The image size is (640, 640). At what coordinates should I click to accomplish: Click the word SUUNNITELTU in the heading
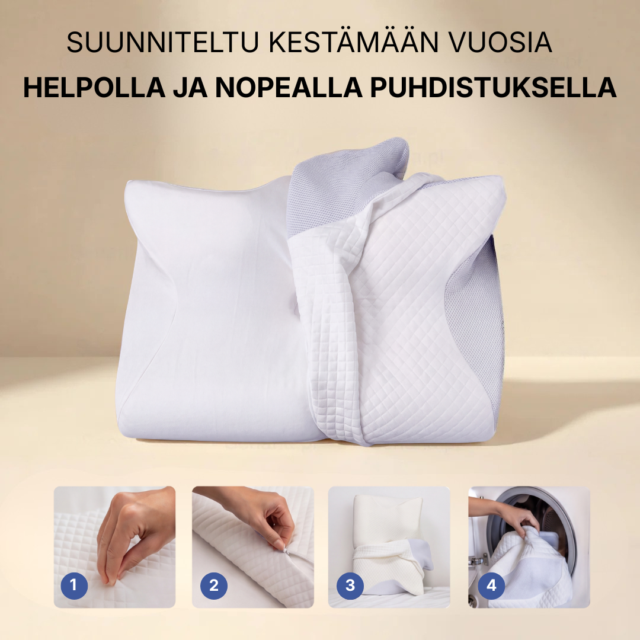[x=163, y=42]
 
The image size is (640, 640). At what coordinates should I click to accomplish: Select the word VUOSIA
[x=500, y=42]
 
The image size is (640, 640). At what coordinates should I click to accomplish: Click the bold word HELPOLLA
[x=94, y=87]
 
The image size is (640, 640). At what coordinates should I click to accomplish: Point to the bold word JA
[x=190, y=87]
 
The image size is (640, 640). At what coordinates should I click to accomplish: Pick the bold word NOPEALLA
[x=289, y=87]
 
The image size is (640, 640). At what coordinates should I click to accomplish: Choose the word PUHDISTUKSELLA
[x=493, y=87]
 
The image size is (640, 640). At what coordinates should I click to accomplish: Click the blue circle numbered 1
[x=74, y=585]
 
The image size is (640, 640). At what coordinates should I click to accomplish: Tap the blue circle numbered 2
[x=214, y=585]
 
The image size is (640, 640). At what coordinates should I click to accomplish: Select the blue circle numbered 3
[x=350, y=585]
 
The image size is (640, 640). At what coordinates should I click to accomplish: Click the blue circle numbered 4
[x=491, y=585]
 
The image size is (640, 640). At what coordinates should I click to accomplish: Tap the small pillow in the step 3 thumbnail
[x=386, y=547]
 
